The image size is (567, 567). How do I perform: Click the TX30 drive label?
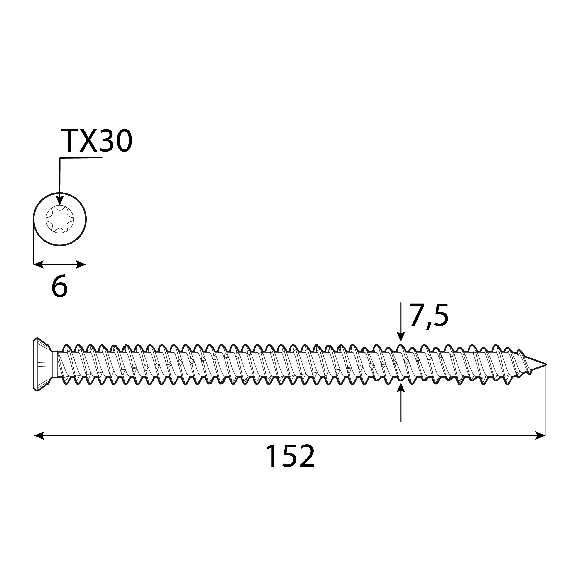[96, 141]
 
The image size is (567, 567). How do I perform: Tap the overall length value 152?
[290, 456]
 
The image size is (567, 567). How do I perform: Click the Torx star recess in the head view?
[60, 219]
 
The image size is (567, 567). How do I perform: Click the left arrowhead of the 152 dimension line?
[39, 435]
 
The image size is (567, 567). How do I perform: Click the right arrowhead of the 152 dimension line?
[540, 435]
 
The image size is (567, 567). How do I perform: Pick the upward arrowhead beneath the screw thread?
[401, 388]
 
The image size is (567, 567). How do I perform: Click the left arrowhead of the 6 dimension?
[38, 264]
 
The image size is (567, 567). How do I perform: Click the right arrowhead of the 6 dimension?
[81, 264]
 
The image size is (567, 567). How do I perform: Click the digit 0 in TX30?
[123, 141]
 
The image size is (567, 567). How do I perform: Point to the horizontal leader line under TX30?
[81, 158]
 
